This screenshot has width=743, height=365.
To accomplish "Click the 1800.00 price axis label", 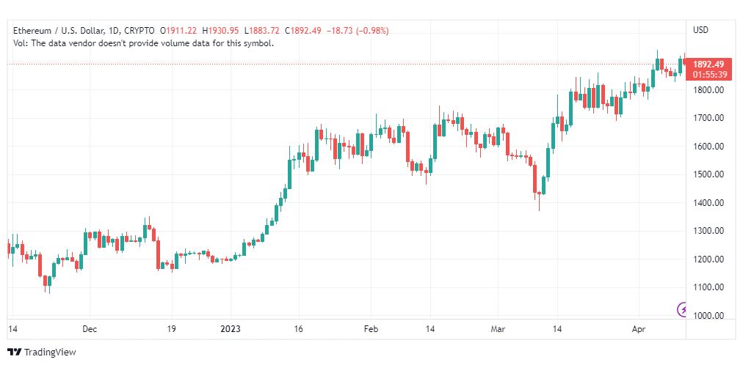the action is pos(708,90).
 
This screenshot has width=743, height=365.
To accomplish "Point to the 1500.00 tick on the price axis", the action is pos(708,174).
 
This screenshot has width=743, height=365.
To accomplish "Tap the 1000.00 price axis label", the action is pos(708,316).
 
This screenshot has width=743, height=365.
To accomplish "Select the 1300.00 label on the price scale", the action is pos(708,231).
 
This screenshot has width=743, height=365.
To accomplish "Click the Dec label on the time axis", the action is pos(90,329).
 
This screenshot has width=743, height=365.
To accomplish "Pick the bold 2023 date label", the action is pos(231,329).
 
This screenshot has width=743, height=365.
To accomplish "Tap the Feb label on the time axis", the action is pos(371,329).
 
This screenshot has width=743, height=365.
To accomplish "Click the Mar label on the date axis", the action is pos(498,329).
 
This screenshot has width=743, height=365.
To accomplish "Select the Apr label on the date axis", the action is pos(638,329).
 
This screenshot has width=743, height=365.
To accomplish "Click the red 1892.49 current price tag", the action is pos(708,64).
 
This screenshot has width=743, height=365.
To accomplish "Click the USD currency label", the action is pos(701,30).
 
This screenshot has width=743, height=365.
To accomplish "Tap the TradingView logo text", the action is pos(50,353).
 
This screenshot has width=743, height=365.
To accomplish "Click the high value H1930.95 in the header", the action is pos(221,31).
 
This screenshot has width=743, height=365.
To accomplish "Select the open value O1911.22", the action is pos(179,31).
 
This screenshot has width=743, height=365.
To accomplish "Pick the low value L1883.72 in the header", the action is pos(262,31).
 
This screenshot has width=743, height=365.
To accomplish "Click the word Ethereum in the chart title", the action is pos(31,31).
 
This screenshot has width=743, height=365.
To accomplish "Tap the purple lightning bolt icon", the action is pos(682,310).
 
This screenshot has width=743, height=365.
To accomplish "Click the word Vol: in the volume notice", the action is pos(21,43).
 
